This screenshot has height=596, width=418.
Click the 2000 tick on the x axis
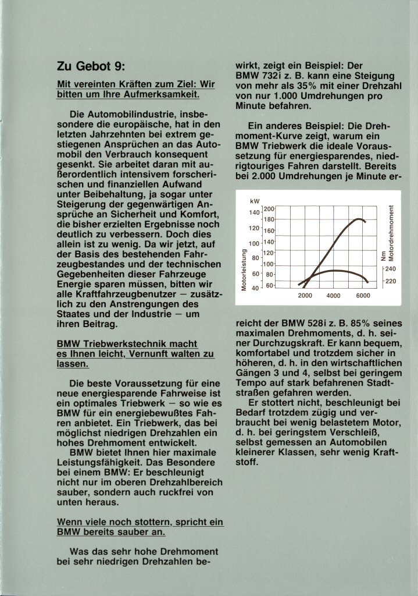(x=305, y=296)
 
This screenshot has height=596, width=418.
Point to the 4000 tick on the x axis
(x=334, y=296)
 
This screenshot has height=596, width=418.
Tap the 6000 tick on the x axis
(x=363, y=296)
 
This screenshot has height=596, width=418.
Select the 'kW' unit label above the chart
(x=254, y=201)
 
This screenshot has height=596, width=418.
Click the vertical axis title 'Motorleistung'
(x=245, y=269)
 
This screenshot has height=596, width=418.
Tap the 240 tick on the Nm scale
(x=390, y=269)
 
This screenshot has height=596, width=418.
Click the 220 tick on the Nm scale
(x=390, y=281)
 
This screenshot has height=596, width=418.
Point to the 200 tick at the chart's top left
(x=268, y=210)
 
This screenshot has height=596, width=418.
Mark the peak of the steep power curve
(x=360, y=219)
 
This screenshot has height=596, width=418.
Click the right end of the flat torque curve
(x=368, y=282)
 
